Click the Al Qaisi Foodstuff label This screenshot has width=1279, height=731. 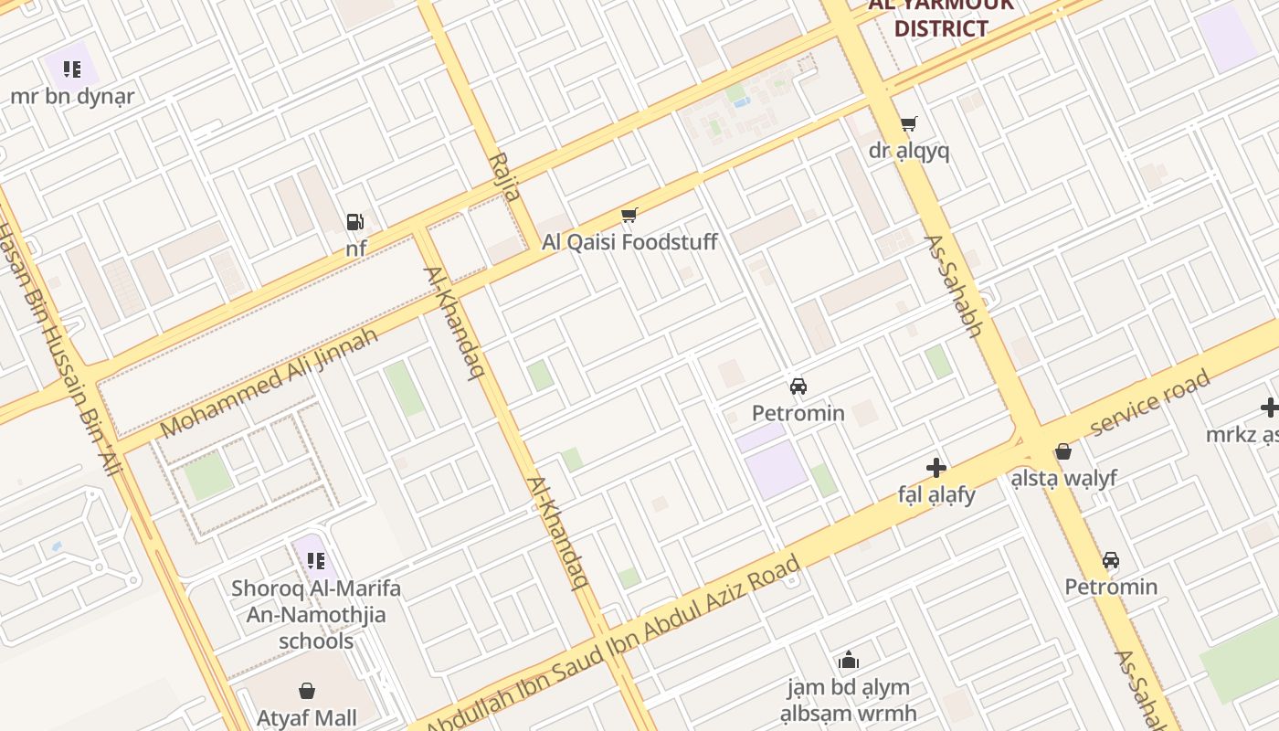coord(629,242)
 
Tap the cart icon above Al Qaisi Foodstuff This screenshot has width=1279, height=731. coord(629,216)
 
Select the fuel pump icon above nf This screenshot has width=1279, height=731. coord(354,221)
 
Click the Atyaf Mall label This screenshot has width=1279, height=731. coord(306,718)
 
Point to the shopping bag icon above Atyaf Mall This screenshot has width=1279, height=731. coord(307,692)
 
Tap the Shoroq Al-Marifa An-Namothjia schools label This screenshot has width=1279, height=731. coord(316,614)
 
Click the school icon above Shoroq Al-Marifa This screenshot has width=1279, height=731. coord(315,560)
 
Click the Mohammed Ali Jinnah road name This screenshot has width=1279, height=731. coord(269,383)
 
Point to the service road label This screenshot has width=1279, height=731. coord(1150,402)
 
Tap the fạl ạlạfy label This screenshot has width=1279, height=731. coord(936,495)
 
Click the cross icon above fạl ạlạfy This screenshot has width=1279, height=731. coord(936,468)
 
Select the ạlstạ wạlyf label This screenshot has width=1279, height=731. coord(1063,478)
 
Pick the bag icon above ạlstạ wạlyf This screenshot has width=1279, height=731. coord(1062,451)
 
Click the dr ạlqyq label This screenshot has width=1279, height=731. coord(909,151)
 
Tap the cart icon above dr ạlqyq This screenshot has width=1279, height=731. coord(908,124)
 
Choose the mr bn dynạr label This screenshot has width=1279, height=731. coord(72,96)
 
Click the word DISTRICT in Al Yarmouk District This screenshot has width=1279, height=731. coord(941,28)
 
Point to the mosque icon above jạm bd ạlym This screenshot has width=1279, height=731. coord(849,660)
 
